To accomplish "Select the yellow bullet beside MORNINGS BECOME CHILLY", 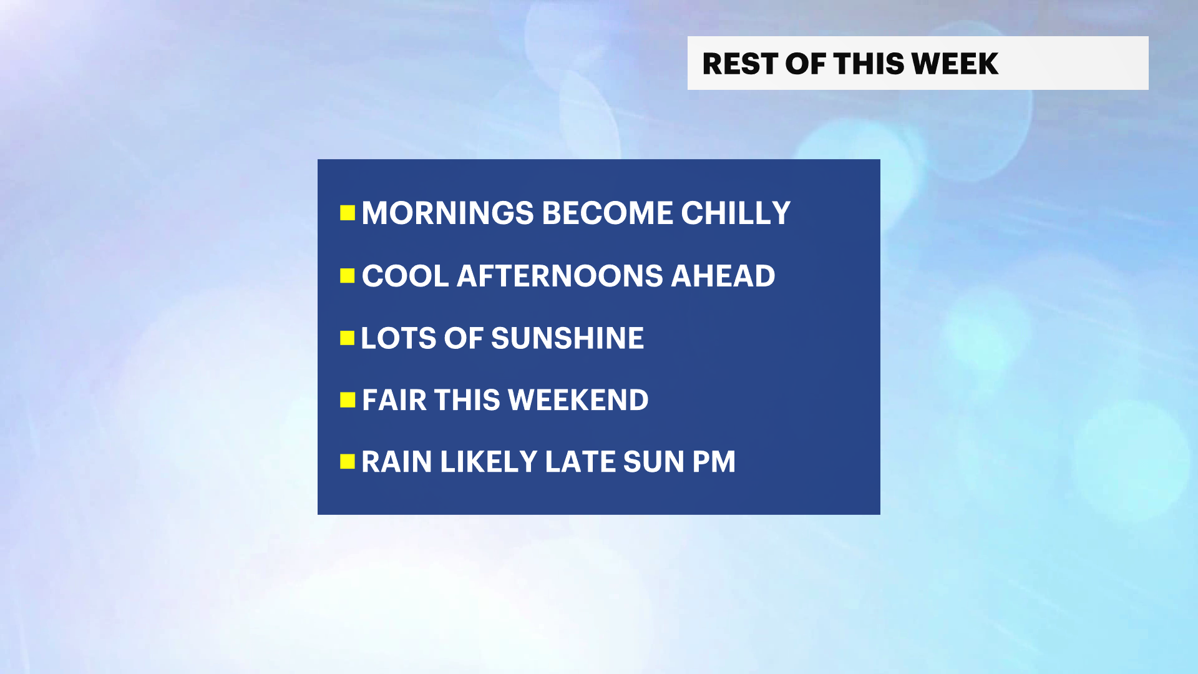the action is (x=348, y=213).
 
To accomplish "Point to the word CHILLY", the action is (x=736, y=213).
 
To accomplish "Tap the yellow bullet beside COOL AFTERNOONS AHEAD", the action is (x=348, y=276).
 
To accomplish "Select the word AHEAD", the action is (x=723, y=276).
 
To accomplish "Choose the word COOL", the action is (x=406, y=276).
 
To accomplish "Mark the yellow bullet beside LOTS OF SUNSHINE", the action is (x=348, y=338).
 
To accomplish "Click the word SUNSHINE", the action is (x=567, y=338).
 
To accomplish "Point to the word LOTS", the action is (x=398, y=338).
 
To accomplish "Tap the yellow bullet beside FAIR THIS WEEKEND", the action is (x=348, y=399).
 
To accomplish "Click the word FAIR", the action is (x=394, y=400).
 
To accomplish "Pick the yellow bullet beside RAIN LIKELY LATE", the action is (x=348, y=461).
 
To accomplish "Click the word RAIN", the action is (x=397, y=462).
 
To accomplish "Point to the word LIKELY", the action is (x=489, y=462).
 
